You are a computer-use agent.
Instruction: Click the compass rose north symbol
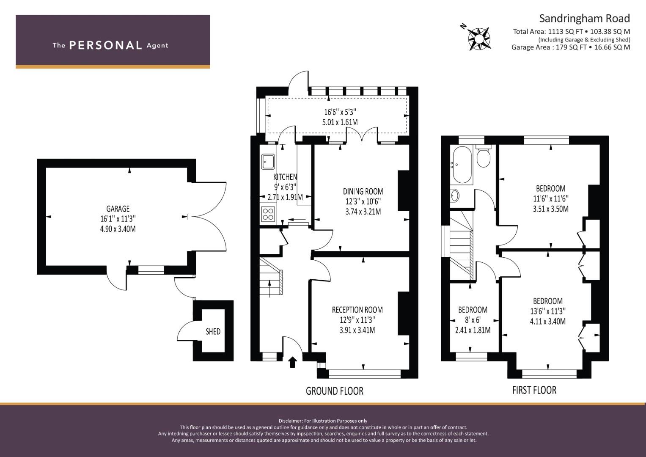[479, 39]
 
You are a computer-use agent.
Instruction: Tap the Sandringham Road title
[584, 19]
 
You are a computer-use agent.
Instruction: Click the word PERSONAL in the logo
[106, 45]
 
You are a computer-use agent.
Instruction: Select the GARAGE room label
[118, 209]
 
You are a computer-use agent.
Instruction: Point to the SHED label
[213, 331]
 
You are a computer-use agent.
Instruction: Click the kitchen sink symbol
[268, 161]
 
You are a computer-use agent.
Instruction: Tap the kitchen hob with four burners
[268, 214]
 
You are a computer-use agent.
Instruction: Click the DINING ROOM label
[363, 191]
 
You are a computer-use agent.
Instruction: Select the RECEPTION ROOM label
[357, 310]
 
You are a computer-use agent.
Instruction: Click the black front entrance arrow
[292, 362]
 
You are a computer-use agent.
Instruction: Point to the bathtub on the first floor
[462, 165]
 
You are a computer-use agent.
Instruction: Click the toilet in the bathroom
[484, 156]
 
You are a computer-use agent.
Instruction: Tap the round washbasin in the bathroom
[455, 195]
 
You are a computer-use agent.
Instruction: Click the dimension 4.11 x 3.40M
[548, 321]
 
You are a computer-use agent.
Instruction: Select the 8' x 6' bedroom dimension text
[473, 319]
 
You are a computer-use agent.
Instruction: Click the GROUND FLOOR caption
[335, 391]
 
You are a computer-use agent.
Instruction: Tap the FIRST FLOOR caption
[534, 390]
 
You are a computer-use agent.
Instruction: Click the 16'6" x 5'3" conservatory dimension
[340, 112]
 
